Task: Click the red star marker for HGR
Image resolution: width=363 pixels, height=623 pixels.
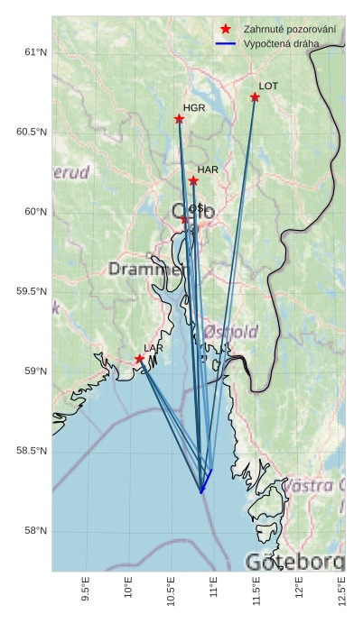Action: click(179, 119)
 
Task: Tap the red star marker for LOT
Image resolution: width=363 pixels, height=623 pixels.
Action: click(255, 97)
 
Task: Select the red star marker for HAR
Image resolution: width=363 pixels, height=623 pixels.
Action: click(193, 181)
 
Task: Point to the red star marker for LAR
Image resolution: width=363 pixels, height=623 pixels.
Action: click(139, 359)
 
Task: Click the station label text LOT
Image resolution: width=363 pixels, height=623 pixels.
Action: click(268, 87)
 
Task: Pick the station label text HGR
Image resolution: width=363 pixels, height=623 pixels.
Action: click(194, 108)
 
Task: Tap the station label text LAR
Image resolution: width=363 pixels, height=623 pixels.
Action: click(154, 348)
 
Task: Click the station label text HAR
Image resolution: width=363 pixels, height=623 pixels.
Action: click(208, 169)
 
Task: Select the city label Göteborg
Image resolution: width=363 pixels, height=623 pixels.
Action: click(294, 561)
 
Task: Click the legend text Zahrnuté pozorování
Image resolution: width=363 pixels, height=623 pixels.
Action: click(290, 30)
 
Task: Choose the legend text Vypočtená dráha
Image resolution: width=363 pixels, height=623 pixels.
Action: click(281, 43)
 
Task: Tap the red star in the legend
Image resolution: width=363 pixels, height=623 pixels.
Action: click(226, 30)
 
